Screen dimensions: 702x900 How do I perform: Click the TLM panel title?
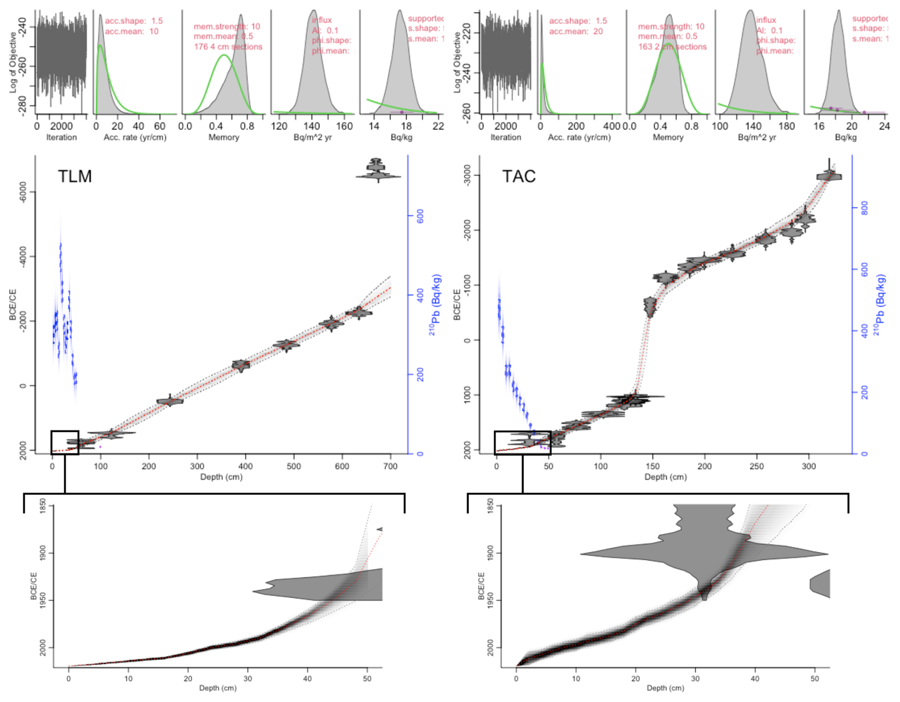pos(75,177)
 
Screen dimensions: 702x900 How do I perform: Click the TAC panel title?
pos(518,177)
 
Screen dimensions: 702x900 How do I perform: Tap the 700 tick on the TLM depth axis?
pos(390,466)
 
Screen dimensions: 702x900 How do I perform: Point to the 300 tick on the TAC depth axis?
pos(809,466)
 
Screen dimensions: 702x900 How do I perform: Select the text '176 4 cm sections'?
pos(228,47)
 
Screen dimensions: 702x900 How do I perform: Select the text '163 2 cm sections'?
pos(672,47)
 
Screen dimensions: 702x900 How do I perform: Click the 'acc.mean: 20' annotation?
pos(576,31)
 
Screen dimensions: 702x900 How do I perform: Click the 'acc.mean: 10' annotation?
pos(132,31)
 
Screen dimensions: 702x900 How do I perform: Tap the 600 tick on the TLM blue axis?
pos(420,216)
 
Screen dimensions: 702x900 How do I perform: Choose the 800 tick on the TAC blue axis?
pos(864,208)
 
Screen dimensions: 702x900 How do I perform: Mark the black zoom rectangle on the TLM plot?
pos(65,443)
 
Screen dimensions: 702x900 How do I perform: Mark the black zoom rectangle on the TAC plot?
pos(523,443)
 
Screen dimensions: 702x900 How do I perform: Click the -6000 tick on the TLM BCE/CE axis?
pos(23,192)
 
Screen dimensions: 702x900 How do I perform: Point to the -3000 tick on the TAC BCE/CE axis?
pos(467,176)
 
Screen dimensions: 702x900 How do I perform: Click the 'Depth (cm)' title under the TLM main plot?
pos(221,477)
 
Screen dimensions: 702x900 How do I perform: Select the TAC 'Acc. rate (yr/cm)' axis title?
pos(579,138)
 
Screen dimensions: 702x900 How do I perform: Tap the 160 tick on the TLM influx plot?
pos(344,126)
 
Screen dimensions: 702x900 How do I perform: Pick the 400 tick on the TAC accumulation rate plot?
pos(611,126)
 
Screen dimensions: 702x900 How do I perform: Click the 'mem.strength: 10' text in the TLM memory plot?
pos(226,26)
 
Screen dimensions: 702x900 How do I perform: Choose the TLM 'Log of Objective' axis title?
pos(13,62)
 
